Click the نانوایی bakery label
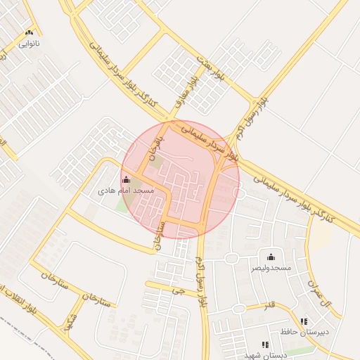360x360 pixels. tap(29, 44)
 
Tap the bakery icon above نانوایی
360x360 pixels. tap(29, 32)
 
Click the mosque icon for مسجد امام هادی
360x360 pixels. tap(126, 181)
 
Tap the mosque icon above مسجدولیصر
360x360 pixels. tap(271, 257)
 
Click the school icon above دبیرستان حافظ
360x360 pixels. tap(304, 321)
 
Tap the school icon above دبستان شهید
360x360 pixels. tap(265, 345)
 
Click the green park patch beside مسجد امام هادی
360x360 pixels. tap(124, 205)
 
